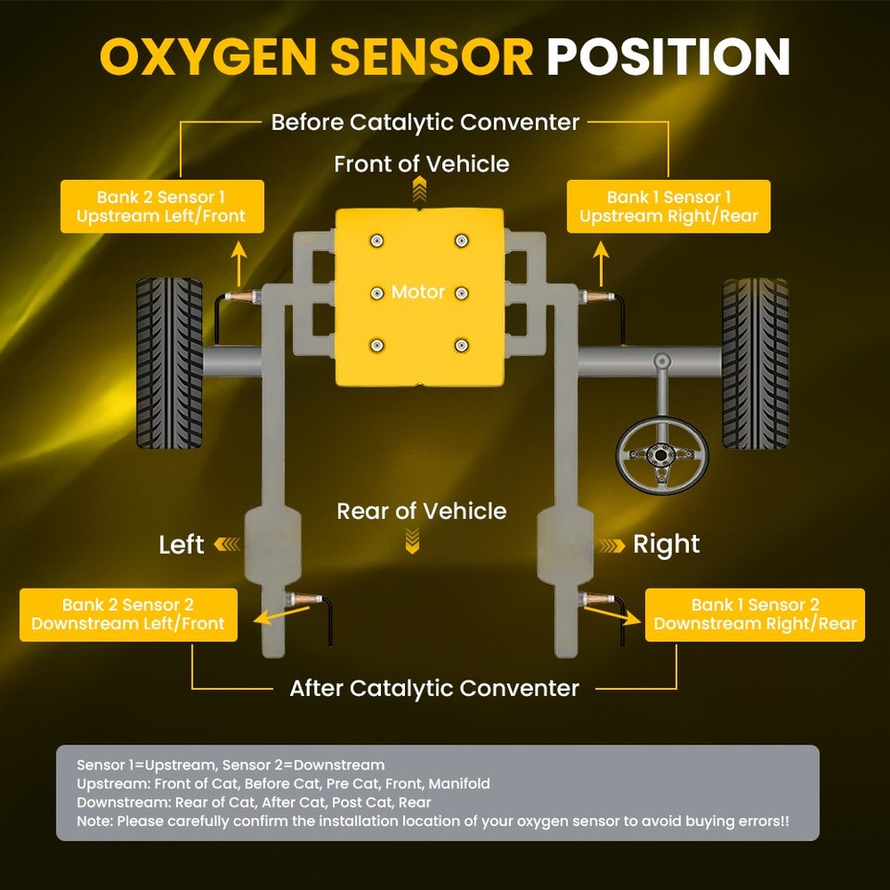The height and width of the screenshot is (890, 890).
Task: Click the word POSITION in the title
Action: (x=667, y=57)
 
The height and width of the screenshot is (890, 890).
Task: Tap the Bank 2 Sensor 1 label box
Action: (x=162, y=207)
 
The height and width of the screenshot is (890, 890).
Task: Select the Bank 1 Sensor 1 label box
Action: (x=668, y=207)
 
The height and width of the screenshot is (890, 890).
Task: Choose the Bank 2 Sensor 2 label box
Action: (x=128, y=614)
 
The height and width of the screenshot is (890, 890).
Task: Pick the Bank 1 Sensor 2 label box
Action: (x=755, y=614)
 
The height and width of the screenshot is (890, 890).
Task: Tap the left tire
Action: (x=169, y=362)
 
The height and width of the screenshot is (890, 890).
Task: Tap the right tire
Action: (x=755, y=362)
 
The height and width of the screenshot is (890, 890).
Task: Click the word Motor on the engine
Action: (x=418, y=292)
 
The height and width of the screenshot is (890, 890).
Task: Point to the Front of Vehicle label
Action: (x=422, y=164)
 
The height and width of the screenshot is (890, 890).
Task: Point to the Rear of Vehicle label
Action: (x=422, y=511)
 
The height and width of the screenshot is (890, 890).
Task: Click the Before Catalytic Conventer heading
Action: (x=426, y=121)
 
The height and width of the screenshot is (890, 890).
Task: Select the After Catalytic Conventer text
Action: (x=434, y=688)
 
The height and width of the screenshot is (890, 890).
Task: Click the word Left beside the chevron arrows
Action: (x=181, y=544)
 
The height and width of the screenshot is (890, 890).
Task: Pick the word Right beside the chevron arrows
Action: (x=667, y=544)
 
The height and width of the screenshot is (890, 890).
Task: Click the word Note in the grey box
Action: (x=95, y=821)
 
